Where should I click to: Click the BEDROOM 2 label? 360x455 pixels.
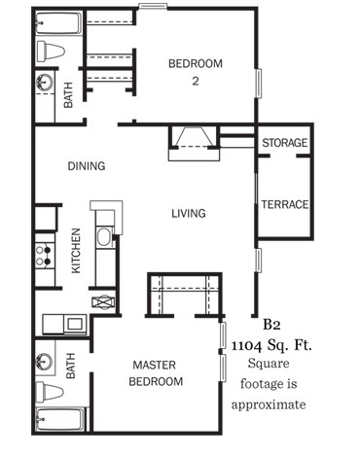coord(196,72)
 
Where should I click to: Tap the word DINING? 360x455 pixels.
coord(86,166)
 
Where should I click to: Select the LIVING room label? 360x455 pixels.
coord(188,213)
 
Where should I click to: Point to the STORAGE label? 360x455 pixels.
coord(285,144)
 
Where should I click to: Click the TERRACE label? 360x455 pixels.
coord(284,204)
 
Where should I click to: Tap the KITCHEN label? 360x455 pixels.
coord(76,251)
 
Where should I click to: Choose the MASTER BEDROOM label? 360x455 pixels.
coord(156,373)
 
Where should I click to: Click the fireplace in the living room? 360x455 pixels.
coord(196,143)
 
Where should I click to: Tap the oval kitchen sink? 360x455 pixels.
coord(104,236)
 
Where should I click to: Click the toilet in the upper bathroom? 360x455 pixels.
coord(52,52)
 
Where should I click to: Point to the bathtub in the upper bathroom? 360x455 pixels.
coord(51,21)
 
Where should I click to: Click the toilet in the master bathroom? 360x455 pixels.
coord(51,393)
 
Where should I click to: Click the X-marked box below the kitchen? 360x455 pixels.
coord(103,301)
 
